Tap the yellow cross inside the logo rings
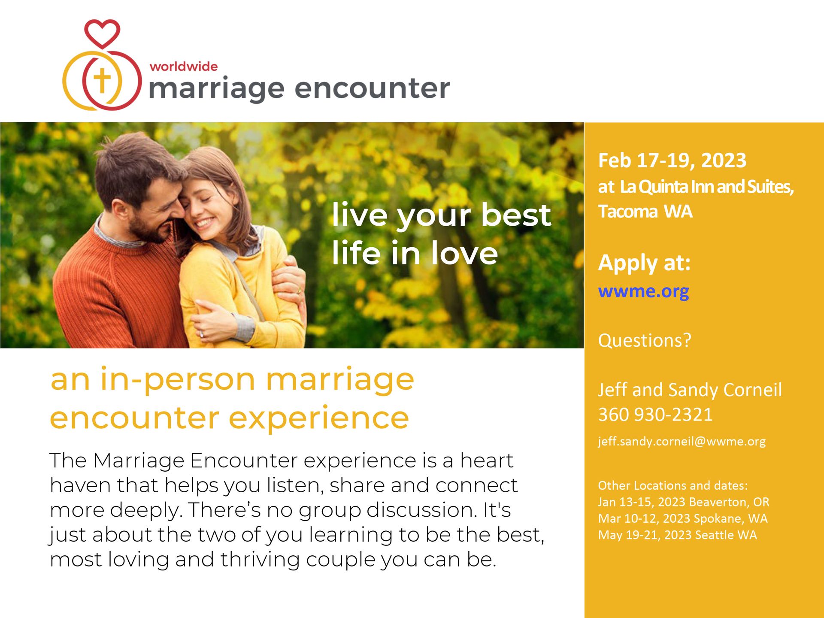click(x=102, y=80)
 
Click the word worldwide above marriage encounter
click(x=183, y=67)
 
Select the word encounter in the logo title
click(x=372, y=88)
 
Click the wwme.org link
click(x=643, y=292)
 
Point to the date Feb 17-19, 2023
click(x=672, y=161)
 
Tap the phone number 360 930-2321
click(x=655, y=415)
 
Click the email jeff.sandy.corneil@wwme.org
click(x=682, y=442)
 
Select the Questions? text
click(x=645, y=340)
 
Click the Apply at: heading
click(x=644, y=263)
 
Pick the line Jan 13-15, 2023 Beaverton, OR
click(x=684, y=502)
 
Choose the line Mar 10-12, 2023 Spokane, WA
click(x=683, y=518)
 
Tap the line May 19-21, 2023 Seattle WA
click(x=678, y=535)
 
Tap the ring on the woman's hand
click(x=201, y=334)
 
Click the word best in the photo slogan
click(x=516, y=215)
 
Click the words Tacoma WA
click(x=645, y=212)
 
